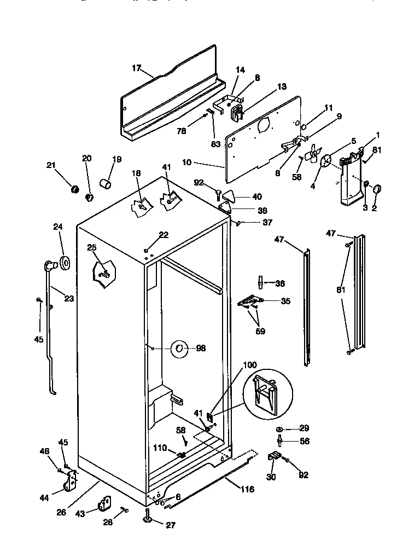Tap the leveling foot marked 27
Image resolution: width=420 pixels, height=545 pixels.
pyautogui.click(x=148, y=517)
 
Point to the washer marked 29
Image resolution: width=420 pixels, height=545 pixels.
pyautogui.click(x=279, y=428)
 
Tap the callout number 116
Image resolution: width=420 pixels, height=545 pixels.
pyautogui.click(x=247, y=489)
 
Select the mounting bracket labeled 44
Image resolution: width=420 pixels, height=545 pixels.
pyautogui.click(x=70, y=482)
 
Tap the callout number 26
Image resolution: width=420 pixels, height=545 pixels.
pyautogui.click(x=62, y=512)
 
